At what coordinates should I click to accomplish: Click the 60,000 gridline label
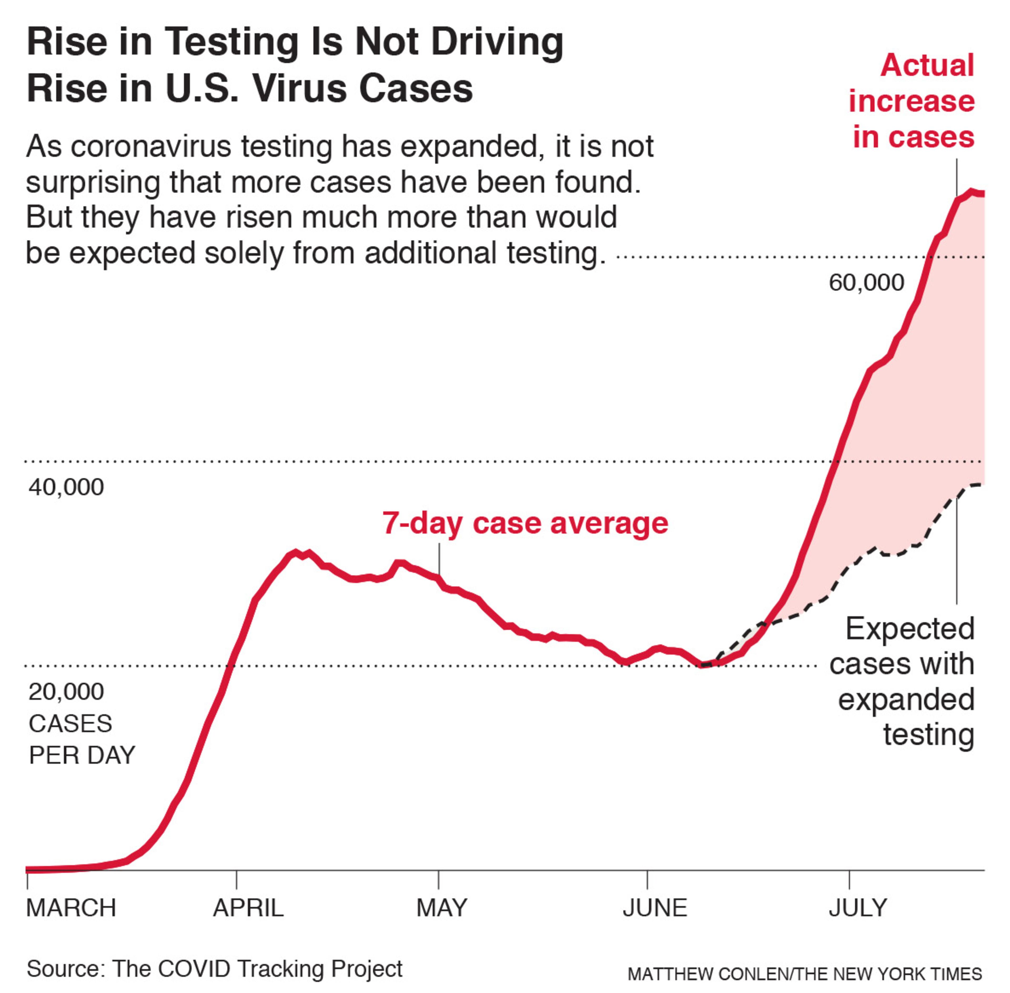866,283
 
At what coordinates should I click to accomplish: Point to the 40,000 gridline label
66,487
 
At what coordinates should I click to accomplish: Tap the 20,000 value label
66,692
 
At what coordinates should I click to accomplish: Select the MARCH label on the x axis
71,908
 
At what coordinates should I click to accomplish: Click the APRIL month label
248,908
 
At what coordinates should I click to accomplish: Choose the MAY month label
442,908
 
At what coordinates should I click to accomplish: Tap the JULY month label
858,908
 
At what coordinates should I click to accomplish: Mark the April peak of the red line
295,552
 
